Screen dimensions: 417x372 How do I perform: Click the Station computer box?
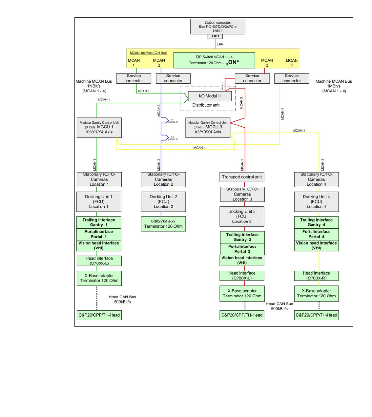(x=217, y=27)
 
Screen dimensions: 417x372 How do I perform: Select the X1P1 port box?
(x=215, y=36)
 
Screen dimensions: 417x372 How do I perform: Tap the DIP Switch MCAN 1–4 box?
(x=214, y=60)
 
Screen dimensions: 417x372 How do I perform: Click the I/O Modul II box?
(x=210, y=96)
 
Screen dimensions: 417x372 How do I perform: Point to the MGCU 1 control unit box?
(x=99, y=127)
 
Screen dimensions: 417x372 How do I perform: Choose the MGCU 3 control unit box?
(x=208, y=127)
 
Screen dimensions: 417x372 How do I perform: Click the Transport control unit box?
(x=242, y=177)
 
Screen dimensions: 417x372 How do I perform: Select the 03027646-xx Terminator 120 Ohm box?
(x=163, y=224)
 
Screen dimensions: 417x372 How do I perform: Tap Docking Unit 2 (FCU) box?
(x=163, y=201)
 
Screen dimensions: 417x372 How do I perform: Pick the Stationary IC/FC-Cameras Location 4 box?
(x=316, y=179)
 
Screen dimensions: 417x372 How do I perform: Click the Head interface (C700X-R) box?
(x=316, y=276)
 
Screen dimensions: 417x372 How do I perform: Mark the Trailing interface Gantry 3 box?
(x=242, y=237)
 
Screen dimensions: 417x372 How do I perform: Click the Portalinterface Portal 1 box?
(x=99, y=234)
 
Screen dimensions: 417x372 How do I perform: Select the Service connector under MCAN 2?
(x=173, y=78)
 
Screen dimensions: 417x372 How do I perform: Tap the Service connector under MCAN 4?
(x=292, y=78)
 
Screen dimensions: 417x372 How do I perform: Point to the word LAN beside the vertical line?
(x=220, y=44)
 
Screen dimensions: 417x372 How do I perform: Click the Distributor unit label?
(x=206, y=105)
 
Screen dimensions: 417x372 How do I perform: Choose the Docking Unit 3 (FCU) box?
(x=242, y=217)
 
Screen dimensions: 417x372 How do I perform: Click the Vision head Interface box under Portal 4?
(x=316, y=246)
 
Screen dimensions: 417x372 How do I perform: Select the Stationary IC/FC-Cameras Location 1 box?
(x=99, y=179)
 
